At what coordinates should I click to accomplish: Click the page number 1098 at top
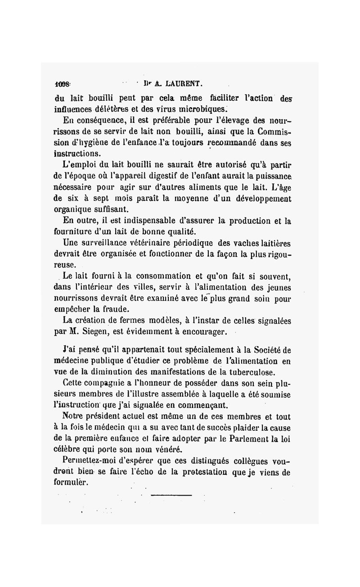63,84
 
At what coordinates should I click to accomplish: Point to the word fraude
114,310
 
